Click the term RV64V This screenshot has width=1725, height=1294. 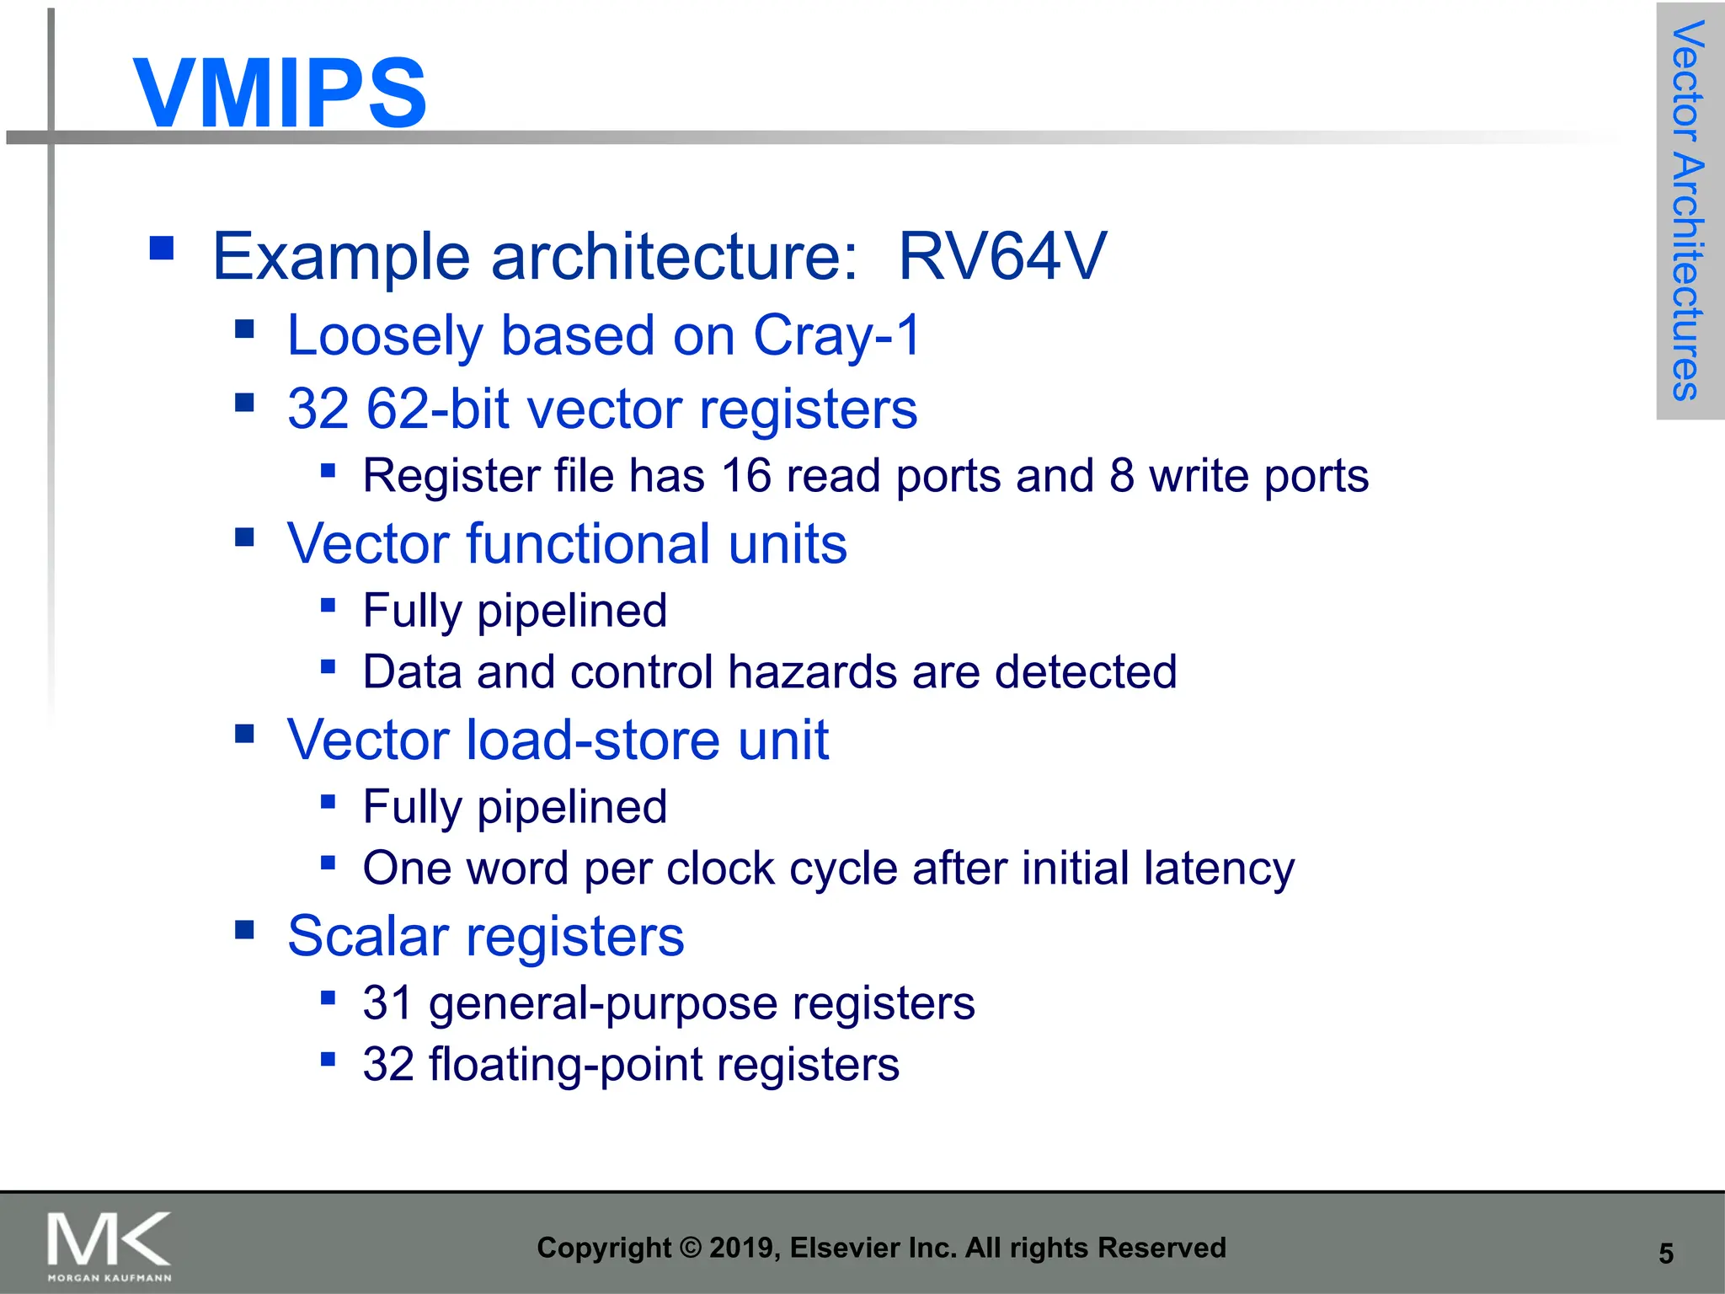[1001, 256]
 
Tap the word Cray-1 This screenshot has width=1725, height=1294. [836, 335]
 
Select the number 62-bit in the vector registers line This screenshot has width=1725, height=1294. [438, 409]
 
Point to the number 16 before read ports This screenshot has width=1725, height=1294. [746, 476]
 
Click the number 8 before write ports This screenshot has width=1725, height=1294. [1121, 476]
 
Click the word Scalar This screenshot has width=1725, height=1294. [368, 936]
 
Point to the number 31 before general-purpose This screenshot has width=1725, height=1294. [387, 1003]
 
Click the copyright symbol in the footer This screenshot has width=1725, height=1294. [690, 1248]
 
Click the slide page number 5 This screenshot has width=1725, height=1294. [1665, 1254]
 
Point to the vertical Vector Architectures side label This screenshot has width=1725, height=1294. [1688, 211]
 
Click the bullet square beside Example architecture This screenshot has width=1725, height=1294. [161, 248]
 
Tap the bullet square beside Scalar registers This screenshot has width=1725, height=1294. [244, 929]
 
